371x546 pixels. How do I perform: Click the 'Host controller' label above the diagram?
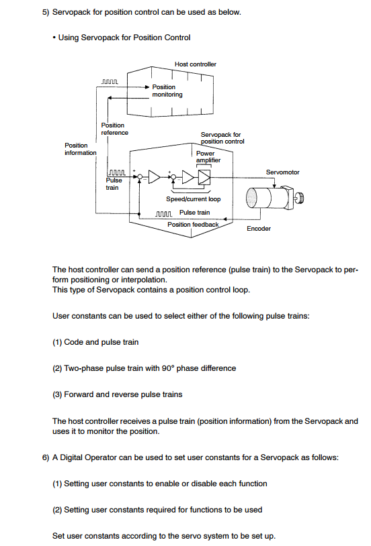196,64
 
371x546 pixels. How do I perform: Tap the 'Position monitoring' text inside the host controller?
167,91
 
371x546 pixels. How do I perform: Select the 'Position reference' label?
114,129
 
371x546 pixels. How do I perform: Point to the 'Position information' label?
80,149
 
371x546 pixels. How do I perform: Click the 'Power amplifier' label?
208,157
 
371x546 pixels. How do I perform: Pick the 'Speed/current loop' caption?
194,199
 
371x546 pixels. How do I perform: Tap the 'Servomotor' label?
283,172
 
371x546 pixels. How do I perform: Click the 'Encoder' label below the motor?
259,229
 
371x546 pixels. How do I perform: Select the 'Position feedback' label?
193,225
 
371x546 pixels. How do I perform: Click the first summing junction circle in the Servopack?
139,177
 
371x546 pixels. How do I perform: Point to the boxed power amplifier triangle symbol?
204,177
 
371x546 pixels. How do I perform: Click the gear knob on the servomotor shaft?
300,198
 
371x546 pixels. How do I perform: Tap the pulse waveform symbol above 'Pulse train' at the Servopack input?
117,172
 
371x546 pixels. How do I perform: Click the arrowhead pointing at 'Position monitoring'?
147,87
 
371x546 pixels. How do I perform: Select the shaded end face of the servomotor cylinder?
251,198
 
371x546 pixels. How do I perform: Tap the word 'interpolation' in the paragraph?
142,280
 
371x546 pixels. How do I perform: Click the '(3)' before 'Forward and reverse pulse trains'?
57,394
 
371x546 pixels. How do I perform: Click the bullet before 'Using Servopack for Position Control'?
54,38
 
